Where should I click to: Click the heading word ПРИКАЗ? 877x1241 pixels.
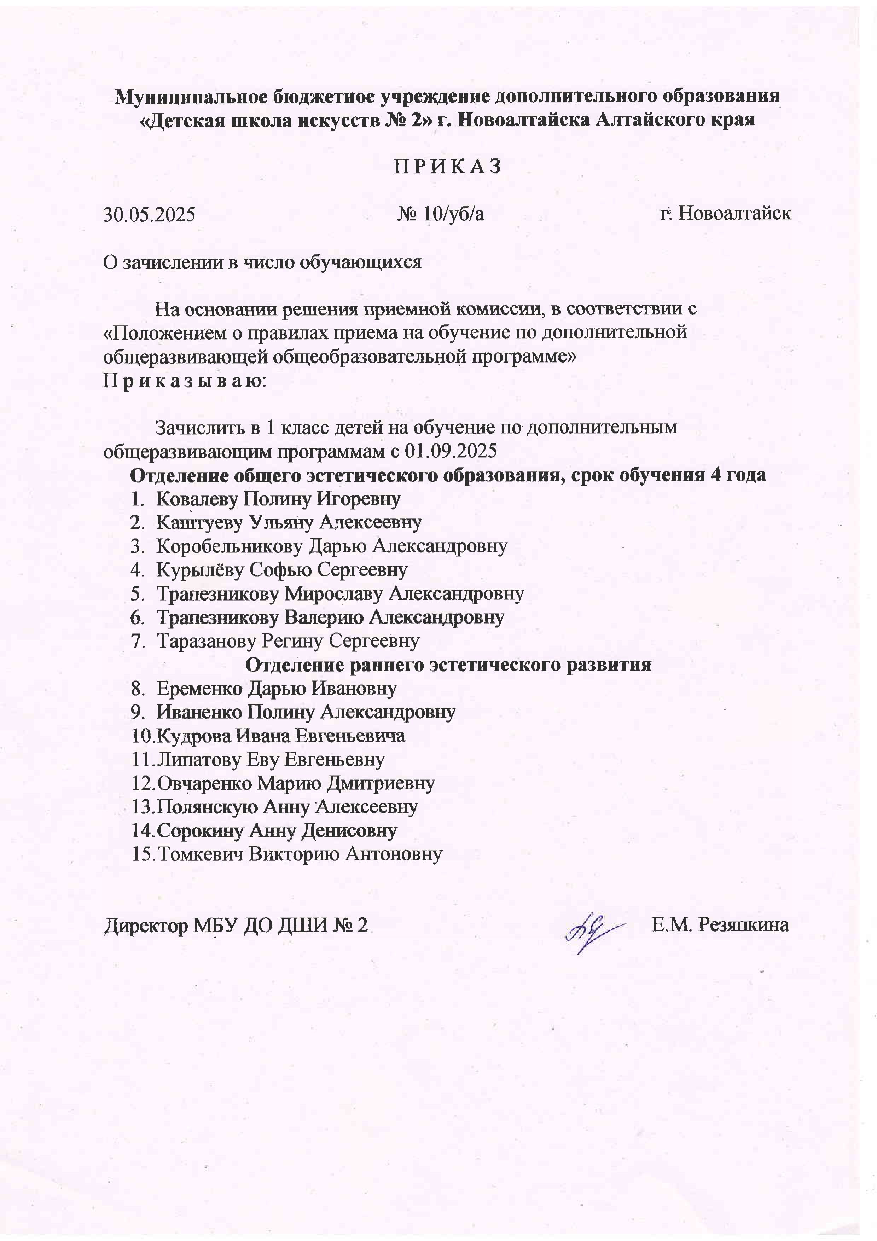point(447,167)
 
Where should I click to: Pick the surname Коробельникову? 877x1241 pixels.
point(230,546)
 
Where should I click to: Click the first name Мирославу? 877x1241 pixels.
point(333,593)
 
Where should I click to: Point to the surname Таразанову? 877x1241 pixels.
point(207,641)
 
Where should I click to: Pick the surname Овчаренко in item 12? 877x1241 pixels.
point(205,783)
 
